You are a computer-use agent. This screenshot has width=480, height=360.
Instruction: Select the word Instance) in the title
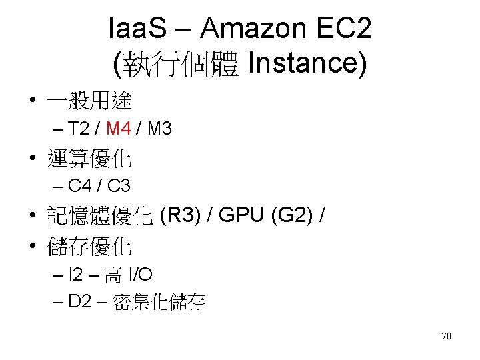point(306,64)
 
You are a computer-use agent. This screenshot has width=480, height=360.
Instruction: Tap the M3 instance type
point(159,129)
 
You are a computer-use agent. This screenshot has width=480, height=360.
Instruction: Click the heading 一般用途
point(89,101)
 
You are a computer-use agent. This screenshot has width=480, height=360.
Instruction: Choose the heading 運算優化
point(89,159)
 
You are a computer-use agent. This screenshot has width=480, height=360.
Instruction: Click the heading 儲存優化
point(89,247)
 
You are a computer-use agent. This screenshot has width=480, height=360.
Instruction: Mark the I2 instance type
point(77,274)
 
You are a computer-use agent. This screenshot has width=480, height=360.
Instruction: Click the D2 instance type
point(80,301)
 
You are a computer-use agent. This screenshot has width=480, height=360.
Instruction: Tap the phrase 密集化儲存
point(159,303)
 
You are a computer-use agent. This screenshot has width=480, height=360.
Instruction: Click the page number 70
point(446,336)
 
